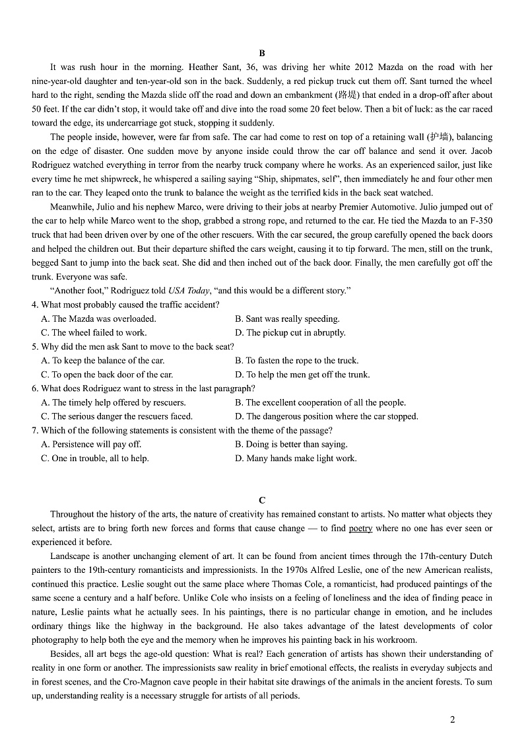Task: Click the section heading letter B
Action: [262, 53]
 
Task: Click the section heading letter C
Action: [262, 500]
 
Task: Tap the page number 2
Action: [452, 720]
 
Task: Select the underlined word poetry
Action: [360, 528]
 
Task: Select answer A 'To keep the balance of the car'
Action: [103, 360]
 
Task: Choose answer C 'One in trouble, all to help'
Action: [95, 458]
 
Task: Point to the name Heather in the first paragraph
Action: [204, 67]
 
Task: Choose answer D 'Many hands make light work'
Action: [296, 458]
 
